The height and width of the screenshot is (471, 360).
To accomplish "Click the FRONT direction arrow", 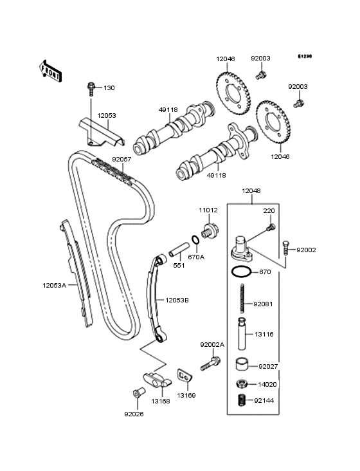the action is click(50, 71).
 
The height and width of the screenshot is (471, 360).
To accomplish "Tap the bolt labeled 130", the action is click(91, 88).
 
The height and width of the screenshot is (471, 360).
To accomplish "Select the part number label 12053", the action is click(107, 116).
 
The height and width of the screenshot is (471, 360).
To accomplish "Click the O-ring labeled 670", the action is click(241, 272).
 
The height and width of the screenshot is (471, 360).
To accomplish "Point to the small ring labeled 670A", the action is click(195, 240).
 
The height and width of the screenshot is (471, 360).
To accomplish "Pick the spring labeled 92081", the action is click(242, 299).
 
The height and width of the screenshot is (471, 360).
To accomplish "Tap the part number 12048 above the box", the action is click(251, 190).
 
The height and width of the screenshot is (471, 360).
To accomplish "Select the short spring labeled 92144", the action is click(242, 400).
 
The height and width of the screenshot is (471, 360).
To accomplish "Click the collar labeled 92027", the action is click(242, 364).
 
